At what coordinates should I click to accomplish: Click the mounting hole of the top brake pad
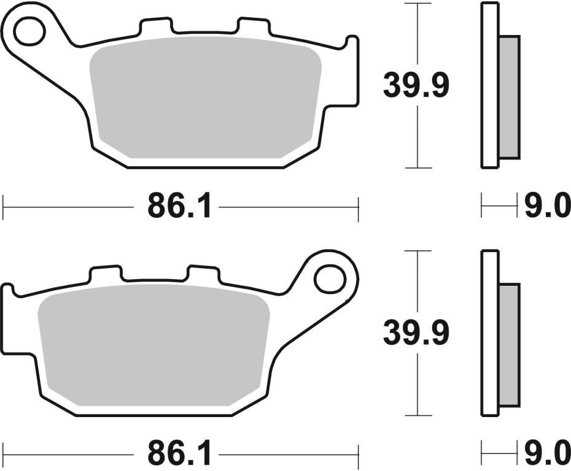click(29, 32)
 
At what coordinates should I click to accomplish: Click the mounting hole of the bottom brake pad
click(330, 279)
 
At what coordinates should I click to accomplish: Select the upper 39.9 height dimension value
click(416, 85)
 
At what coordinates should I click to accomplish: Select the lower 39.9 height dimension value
click(416, 332)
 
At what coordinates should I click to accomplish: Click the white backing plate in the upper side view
click(489, 86)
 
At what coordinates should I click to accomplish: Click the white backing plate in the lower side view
click(489, 334)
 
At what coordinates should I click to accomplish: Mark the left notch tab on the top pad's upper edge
click(155, 26)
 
